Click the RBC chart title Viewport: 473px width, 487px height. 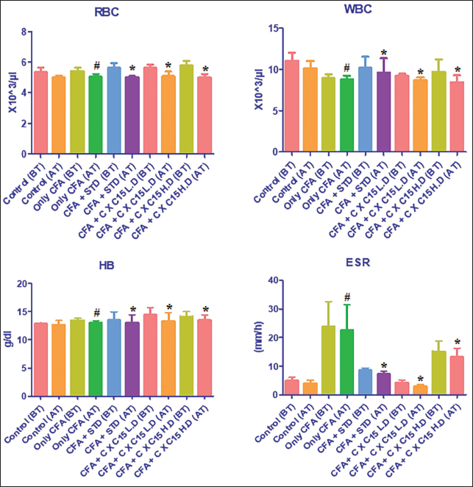107,12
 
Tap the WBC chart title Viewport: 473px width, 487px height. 358,10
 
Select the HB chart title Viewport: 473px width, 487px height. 107,266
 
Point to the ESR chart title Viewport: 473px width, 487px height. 358,263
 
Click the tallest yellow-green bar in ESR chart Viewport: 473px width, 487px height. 328,360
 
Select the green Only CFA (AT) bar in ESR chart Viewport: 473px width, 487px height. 346,362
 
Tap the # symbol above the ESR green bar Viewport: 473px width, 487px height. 347,298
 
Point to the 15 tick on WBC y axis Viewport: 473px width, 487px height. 274,28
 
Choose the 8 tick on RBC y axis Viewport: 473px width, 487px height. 24,32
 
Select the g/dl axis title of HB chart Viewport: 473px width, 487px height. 10,339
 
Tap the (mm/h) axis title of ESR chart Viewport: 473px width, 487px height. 259,337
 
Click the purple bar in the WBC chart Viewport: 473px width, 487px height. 383,112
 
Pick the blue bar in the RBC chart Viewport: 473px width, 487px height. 114,110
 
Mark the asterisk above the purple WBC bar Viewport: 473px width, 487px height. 384,52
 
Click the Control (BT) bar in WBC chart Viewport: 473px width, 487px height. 291,106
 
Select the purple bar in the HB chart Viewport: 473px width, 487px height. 132,359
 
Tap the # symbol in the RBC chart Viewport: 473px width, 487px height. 96,66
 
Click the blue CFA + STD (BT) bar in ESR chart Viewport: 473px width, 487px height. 365,382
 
